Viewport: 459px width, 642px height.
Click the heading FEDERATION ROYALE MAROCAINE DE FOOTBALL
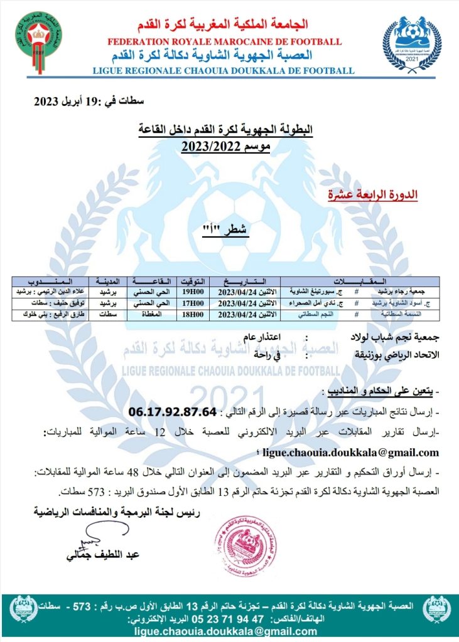tap(225, 42)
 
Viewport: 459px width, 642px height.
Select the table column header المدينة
tap(108, 282)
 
